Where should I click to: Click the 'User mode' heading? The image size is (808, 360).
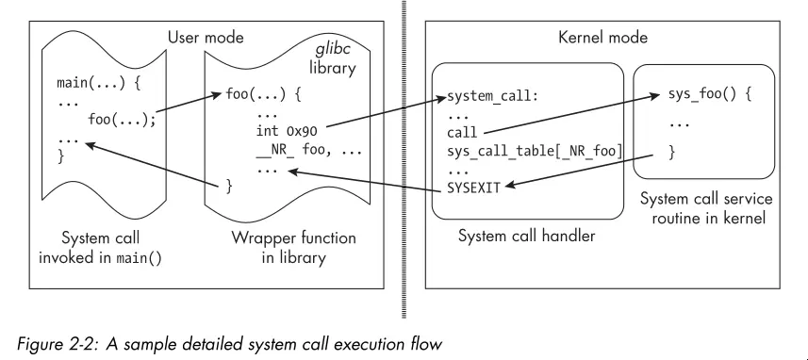click(x=206, y=38)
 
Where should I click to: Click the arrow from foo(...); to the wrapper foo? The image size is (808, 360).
click(x=193, y=106)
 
